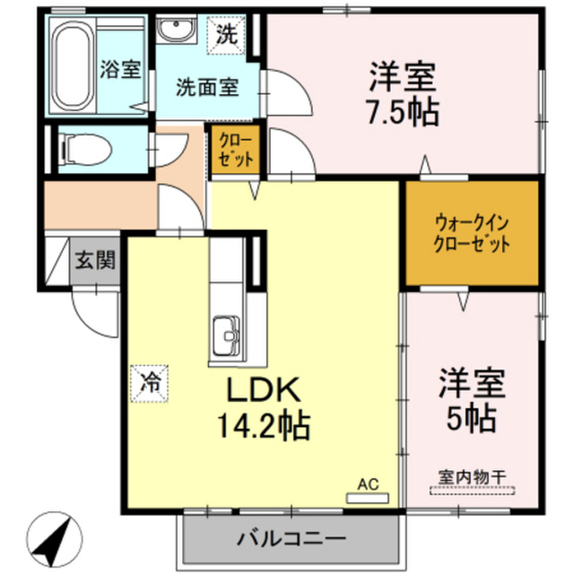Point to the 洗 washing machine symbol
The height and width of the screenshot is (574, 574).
click(x=226, y=36)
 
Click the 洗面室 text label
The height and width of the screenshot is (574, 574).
click(x=206, y=88)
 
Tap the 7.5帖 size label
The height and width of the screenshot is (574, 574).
click(x=401, y=112)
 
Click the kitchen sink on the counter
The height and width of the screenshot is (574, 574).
click(x=226, y=337)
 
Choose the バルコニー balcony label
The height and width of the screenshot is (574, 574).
click(x=291, y=540)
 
